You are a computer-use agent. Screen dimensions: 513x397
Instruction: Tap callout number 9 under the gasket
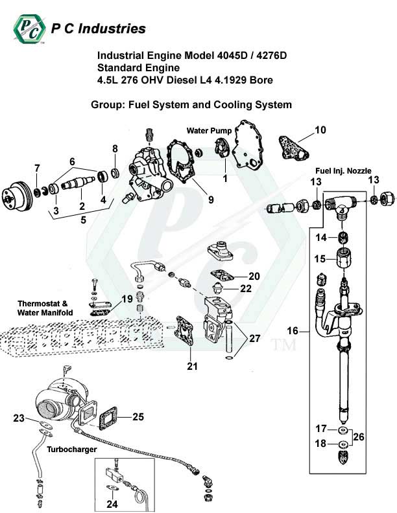click(x=211, y=199)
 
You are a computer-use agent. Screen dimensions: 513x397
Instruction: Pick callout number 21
click(x=191, y=367)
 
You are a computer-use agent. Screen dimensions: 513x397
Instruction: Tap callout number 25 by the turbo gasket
click(x=138, y=416)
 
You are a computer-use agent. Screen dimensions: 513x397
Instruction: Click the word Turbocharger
click(x=75, y=449)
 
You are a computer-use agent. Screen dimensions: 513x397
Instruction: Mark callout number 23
click(x=18, y=418)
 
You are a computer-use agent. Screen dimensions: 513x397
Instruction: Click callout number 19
click(x=128, y=299)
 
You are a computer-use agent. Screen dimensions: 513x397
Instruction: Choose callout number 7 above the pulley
click(x=37, y=170)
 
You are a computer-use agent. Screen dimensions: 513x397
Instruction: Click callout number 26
click(x=359, y=437)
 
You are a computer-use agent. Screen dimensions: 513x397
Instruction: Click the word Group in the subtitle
click(x=106, y=104)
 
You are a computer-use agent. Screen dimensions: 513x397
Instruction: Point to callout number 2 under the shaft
click(x=82, y=206)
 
